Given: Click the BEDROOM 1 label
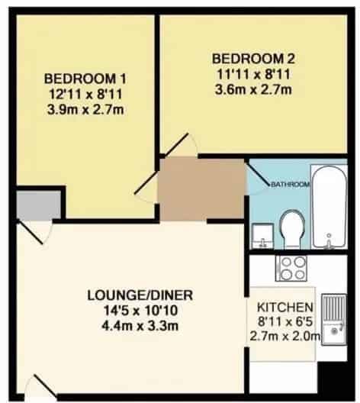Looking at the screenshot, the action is (x=85, y=79).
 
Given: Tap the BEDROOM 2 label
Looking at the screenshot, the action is (x=253, y=59).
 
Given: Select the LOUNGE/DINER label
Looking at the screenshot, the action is (x=140, y=295).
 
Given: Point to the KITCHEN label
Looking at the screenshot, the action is (x=285, y=307).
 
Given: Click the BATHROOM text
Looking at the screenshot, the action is (x=291, y=184).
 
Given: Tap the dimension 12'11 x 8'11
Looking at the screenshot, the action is (x=85, y=95).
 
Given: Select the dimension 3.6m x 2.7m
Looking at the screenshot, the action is (x=253, y=90).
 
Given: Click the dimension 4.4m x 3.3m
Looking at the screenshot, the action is (x=140, y=326).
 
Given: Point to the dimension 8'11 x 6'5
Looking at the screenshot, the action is (x=285, y=321).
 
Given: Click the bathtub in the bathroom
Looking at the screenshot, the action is (x=329, y=207).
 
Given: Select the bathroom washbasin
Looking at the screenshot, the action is (x=262, y=236).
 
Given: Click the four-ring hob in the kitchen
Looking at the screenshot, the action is (x=292, y=269).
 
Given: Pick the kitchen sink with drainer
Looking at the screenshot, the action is (x=334, y=320).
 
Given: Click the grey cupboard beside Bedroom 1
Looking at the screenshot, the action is (x=39, y=205).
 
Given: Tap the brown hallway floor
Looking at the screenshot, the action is (x=201, y=190).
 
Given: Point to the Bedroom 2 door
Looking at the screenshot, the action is (x=176, y=145).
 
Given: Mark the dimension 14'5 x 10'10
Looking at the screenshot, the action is (x=140, y=311).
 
